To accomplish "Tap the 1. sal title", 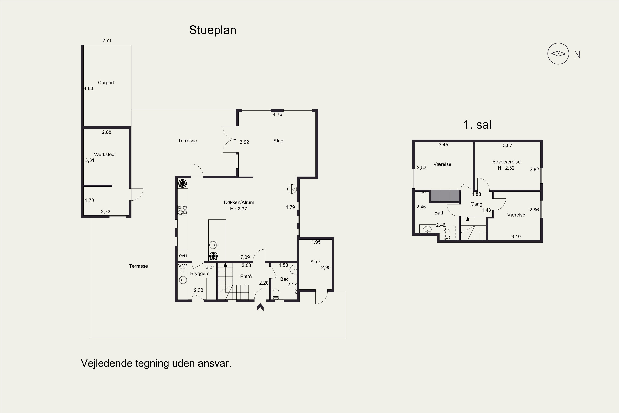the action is [x=477, y=125].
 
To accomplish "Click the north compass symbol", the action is [x=558, y=54].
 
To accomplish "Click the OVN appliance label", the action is [x=183, y=256].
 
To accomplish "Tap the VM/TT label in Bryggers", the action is [x=182, y=268].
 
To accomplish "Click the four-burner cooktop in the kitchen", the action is [x=182, y=210].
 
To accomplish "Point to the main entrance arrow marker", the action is [x=260, y=307].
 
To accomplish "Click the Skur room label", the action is [x=315, y=262].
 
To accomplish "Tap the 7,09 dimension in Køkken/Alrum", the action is [x=245, y=257].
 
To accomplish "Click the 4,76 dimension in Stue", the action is [x=277, y=114].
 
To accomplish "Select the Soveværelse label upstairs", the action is [x=506, y=162].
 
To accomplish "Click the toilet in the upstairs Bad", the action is [x=447, y=234].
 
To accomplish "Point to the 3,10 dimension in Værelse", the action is [x=516, y=236].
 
